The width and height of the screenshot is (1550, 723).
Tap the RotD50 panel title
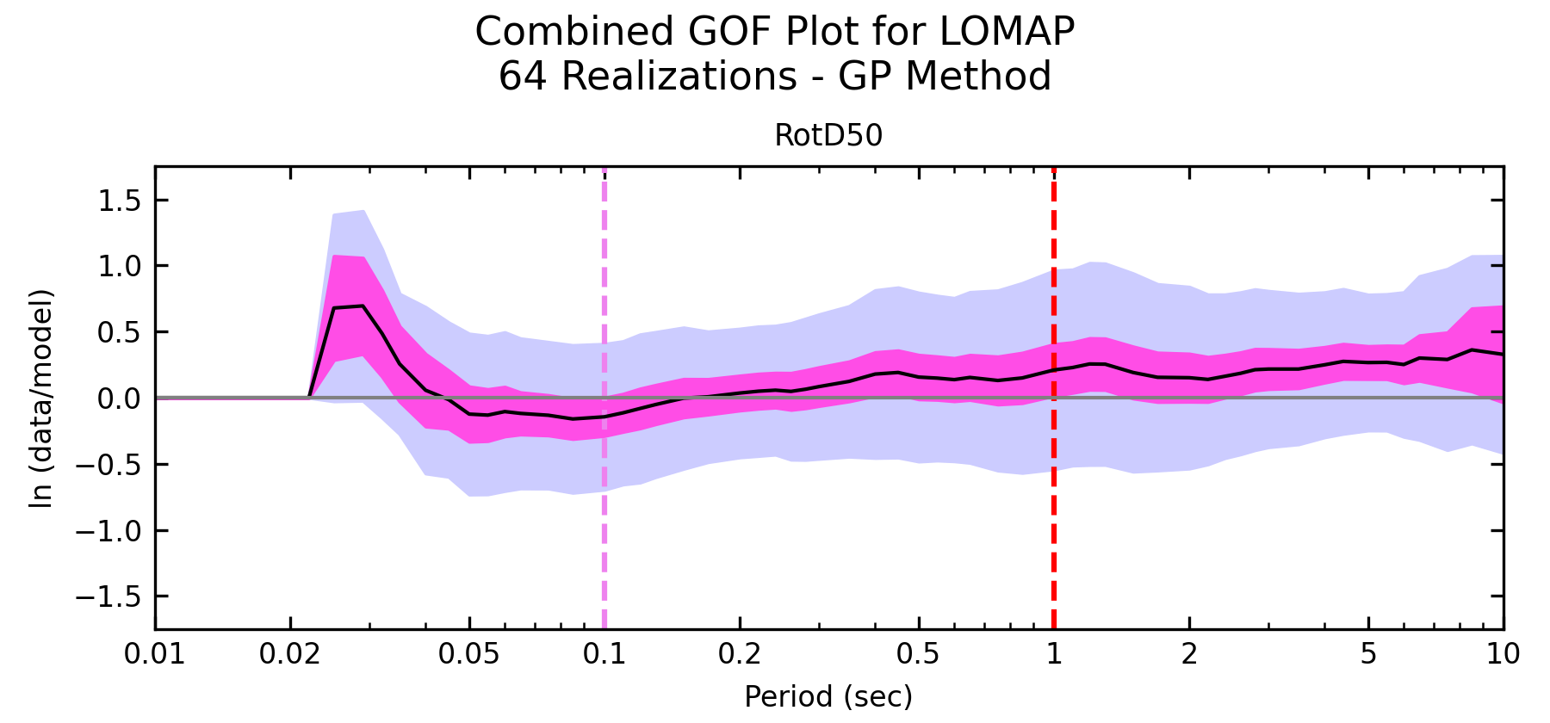click(828, 136)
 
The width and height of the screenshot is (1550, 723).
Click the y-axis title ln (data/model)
click(41, 398)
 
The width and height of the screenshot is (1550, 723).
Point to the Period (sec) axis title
click(828, 696)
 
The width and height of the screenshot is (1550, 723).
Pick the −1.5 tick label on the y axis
click(113, 596)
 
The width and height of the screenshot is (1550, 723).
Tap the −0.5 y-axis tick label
click(113, 465)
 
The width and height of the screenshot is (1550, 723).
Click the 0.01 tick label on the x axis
click(155, 655)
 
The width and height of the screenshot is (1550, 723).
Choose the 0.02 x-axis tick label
click(291, 655)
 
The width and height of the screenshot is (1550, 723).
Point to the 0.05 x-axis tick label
click(469, 655)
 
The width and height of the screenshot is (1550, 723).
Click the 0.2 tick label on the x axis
click(740, 655)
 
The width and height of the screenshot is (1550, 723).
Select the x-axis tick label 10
click(1503, 655)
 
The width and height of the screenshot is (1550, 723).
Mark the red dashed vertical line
click(1054, 516)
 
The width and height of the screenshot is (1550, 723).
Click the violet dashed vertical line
click(604, 516)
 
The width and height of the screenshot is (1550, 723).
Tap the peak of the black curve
click(363, 306)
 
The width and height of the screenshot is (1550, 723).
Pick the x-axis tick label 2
click(1189, 655)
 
